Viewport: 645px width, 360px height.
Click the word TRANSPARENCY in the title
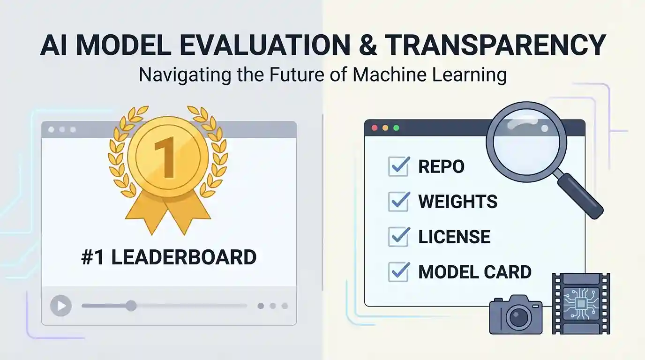coord(495,45)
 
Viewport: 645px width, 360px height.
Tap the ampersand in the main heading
coord(367,45)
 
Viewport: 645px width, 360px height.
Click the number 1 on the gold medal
coord(166,157)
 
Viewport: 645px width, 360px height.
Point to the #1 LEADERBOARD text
coord(169,257)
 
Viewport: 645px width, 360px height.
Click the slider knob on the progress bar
coord(131,306)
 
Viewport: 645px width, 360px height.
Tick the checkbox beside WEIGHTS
coord(399,202)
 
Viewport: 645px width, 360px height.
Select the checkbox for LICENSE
coord(399,237)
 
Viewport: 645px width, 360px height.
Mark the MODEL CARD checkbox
coord(399,272)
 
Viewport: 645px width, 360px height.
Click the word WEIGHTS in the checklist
coord(458,202)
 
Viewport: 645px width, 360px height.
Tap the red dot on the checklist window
coord(375,128)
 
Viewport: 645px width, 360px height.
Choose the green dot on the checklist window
coord(396,128)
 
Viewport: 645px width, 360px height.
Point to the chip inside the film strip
coord(581,304)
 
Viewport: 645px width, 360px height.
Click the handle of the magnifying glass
coord(580,196)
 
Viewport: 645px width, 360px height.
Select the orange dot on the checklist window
coord(385,128)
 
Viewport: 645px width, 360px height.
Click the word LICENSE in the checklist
coord(454,237)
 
